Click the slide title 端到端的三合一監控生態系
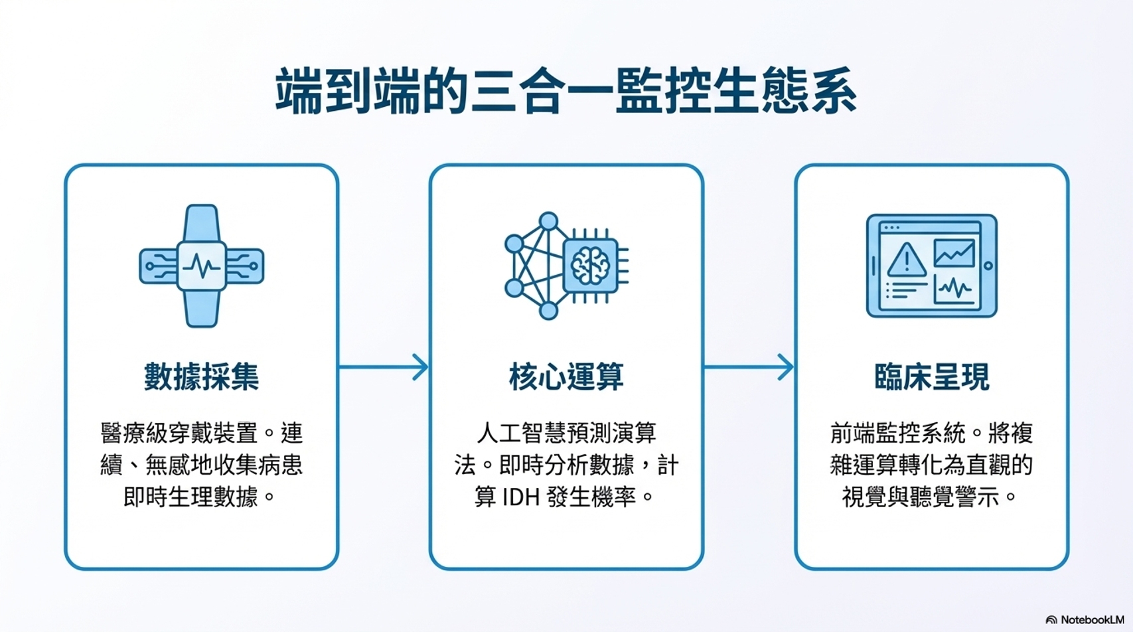point(566,91)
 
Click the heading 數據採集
point(202,376)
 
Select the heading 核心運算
point(566,376)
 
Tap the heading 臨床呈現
point(931,376)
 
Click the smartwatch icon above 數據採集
point(202,266)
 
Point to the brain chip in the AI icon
point(590,266)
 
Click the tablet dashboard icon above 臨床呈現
point(931,266)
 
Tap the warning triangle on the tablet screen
point(907,260)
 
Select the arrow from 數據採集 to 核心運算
point(384,366)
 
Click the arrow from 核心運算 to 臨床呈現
point(749,366)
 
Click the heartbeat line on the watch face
point(202,266)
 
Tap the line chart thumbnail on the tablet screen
point(954,253)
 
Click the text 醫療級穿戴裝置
point(179,434)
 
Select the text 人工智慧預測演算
point(566,434)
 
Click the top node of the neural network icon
point(548,221)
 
